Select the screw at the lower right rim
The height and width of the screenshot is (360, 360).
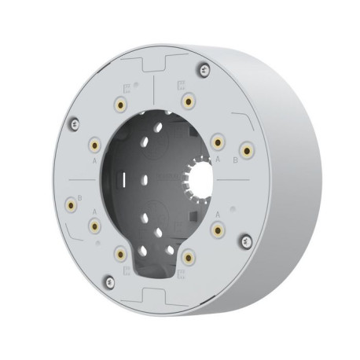click(x=246, y=239)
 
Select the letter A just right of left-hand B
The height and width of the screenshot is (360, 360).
click(x=95, y=212)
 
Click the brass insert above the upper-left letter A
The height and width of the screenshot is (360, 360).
click(x=94, y=145)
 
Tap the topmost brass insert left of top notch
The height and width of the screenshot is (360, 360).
click(x=121, y=104)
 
